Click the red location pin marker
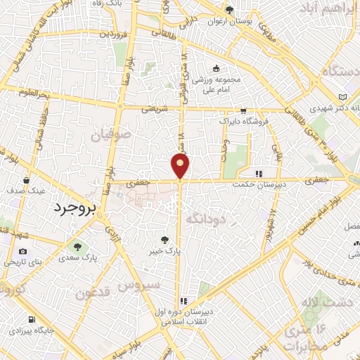(x=180, y=166)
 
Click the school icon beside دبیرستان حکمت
(x=258, y=174)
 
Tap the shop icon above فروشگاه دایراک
(x=243, y=110)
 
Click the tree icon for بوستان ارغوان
(x=229, y=10)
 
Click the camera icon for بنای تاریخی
(x=23, y=251)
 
